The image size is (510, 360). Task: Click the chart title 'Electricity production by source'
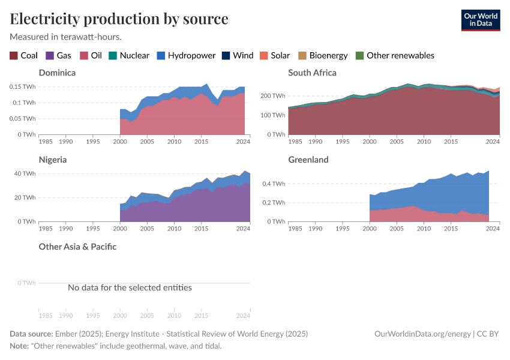coord(119,19)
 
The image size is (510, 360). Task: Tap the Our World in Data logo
coord(480,20)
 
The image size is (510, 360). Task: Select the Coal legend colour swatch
coord(14,55)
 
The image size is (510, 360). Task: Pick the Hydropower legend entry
coord(186,55)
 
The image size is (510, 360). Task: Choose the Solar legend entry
coord(274,55)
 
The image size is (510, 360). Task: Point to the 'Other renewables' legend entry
coord(395,55)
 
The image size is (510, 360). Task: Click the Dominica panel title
coord(57,73)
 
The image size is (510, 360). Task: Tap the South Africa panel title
coord(312,73)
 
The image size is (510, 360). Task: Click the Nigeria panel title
coord(53,160)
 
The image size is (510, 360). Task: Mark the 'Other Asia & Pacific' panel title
coord(77,247)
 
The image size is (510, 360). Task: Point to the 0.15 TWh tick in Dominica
coord(22,86)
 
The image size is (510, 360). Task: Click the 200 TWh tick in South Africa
coord(272,96)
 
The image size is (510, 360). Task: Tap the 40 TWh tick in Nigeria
coord(26,173)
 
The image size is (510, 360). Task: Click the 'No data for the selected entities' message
coord(130,287)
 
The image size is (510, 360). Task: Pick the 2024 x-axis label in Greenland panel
coord(492,229)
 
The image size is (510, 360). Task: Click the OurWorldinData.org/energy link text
coord(422,334)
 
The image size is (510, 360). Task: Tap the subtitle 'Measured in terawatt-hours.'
coord(66,37)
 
